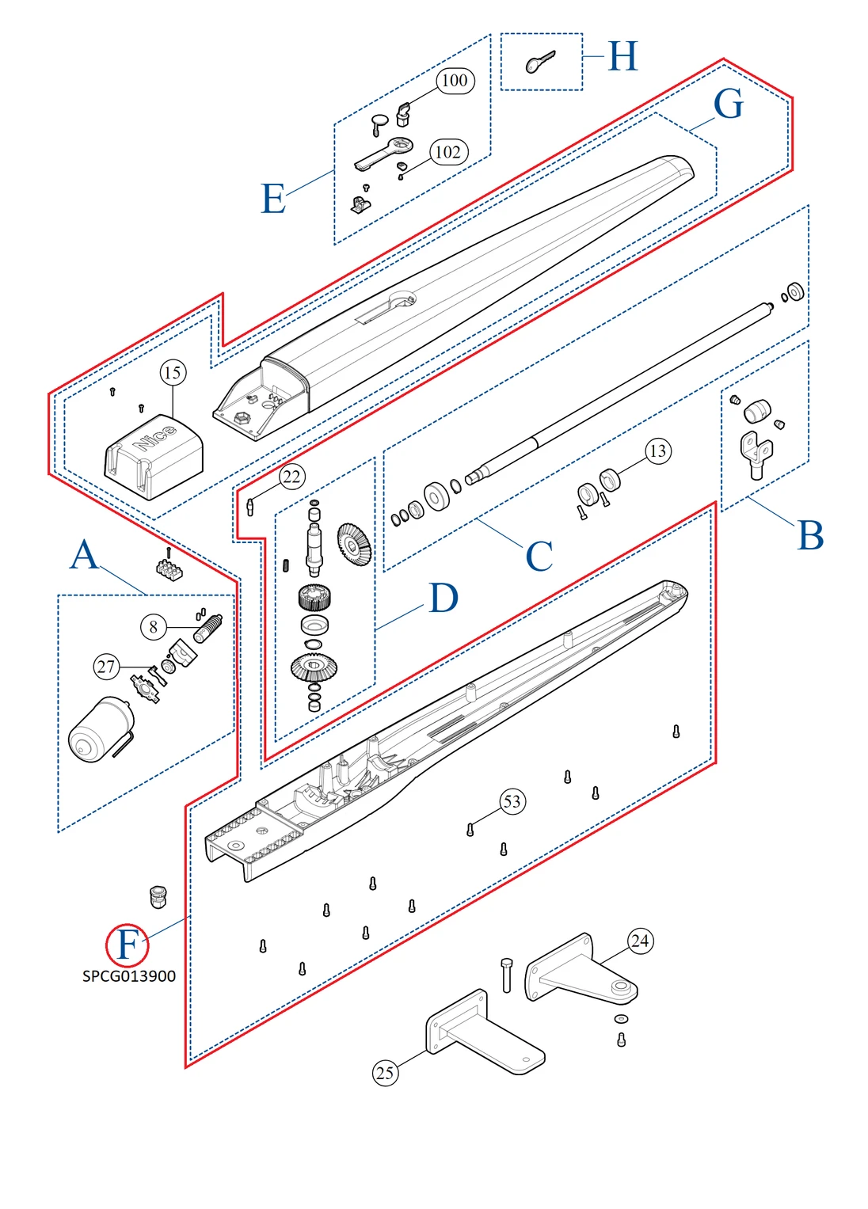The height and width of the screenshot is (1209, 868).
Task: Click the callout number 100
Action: (455, 80)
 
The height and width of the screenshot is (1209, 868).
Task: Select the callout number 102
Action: (448, 152)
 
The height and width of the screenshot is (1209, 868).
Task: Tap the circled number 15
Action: (173, 372)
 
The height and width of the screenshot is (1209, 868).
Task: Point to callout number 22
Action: (291, 477)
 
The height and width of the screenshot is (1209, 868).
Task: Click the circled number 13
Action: (657, 451)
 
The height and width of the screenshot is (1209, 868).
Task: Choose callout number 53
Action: (512, 801)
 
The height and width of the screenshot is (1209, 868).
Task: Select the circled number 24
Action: (640, 941)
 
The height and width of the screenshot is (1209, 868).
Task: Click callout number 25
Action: (385, 1073)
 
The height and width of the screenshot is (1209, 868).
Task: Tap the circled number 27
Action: (106, 667)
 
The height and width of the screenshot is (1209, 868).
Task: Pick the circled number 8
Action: (153, 627)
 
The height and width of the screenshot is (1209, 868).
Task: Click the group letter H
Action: (622, 56)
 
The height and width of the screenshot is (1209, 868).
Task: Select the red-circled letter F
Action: (128, 945)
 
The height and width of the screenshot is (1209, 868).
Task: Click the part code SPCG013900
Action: (129, 976)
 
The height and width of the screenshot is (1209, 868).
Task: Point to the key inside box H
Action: (540, 62)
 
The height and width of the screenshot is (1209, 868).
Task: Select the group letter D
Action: (444, 598)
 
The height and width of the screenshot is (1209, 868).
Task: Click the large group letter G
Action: (728, 104)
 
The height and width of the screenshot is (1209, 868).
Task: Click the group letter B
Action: (810, 536)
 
